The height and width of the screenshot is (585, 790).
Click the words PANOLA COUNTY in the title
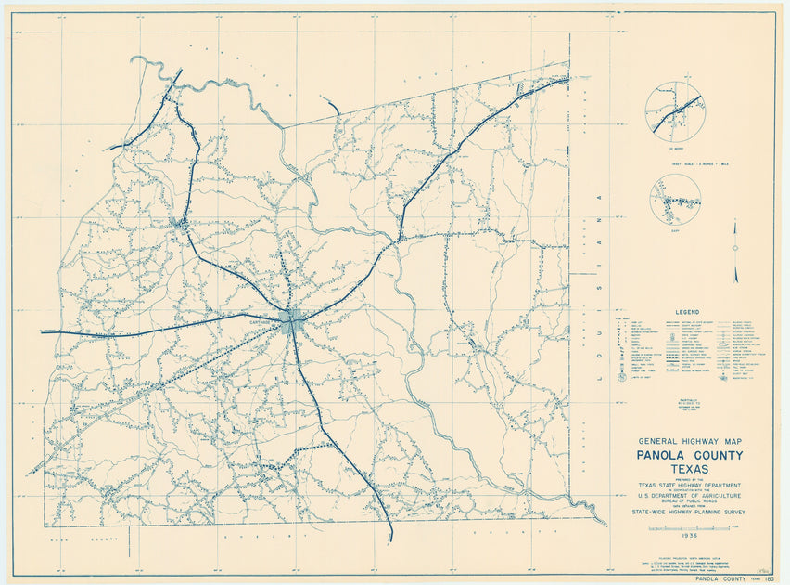point(689,455)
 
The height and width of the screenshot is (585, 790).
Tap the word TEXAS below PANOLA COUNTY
point(689,470)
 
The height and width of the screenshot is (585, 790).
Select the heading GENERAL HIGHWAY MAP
point(689,441)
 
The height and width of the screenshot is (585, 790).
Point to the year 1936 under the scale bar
point(689,537)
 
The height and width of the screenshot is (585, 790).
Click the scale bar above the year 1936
point(689,527)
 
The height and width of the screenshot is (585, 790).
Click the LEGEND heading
point(688,312)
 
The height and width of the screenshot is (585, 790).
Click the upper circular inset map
point(674,111)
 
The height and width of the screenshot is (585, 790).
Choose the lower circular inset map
point(675,199)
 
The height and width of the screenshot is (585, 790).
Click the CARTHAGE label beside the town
point(267,316)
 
